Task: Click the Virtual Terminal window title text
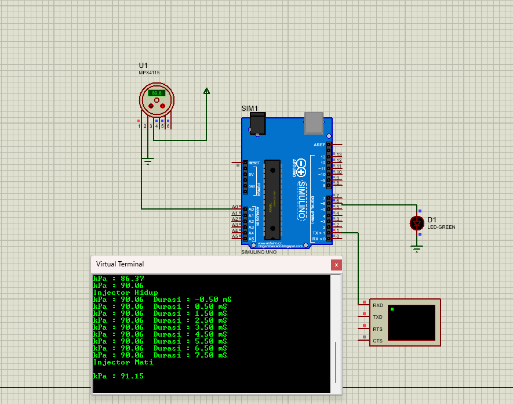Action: pos(120,264)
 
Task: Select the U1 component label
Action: pos(143,65)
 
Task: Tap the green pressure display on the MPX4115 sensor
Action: pos(157,93)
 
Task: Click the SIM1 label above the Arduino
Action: pos(249,109)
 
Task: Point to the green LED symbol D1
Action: pos(417,223)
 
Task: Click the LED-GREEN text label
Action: pos(441,228)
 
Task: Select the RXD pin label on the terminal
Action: pos(377,305)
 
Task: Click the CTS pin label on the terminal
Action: pos(377,341)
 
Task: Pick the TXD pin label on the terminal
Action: pos(377,318)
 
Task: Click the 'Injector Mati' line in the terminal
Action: pos(123,362)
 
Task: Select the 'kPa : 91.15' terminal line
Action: pos(118,376)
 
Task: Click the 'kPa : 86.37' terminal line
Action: pos(118,279)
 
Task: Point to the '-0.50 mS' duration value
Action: pos(211,300)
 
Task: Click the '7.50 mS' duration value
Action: pos(211,355)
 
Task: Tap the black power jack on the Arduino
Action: pos(257,124)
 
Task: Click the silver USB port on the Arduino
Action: pos(314,119)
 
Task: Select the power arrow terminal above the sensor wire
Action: pos(206,91)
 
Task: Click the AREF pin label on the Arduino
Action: pos(319,145)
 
